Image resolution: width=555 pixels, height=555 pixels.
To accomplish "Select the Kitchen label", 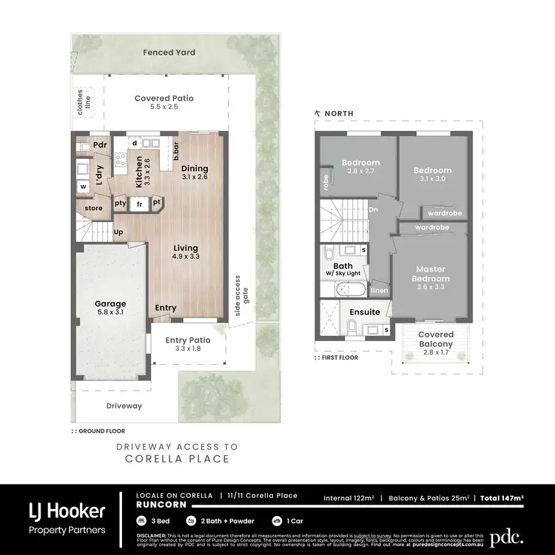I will click(x=138, y=171).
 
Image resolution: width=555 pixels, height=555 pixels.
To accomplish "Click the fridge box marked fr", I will click(x=138, y=203).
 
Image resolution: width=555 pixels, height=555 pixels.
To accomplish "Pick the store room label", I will click(x=93, y=208).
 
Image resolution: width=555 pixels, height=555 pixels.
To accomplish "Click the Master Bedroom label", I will click(x=431, y=274).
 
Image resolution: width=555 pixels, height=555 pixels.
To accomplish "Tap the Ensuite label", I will click(x=365, y=312).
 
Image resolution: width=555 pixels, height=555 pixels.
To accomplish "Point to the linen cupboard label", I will click(x=379, y=291).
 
